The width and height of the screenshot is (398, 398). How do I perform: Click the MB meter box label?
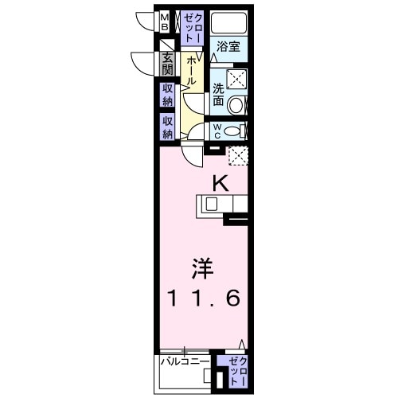point(165,21)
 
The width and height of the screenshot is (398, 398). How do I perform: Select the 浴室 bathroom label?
point(229,47)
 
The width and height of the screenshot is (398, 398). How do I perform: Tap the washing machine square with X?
point(237,78)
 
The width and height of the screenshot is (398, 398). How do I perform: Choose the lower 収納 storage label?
point(168,126)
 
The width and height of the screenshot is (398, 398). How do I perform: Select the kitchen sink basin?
point(211,204)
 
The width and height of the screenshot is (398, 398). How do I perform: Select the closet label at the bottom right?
point(236,370)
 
